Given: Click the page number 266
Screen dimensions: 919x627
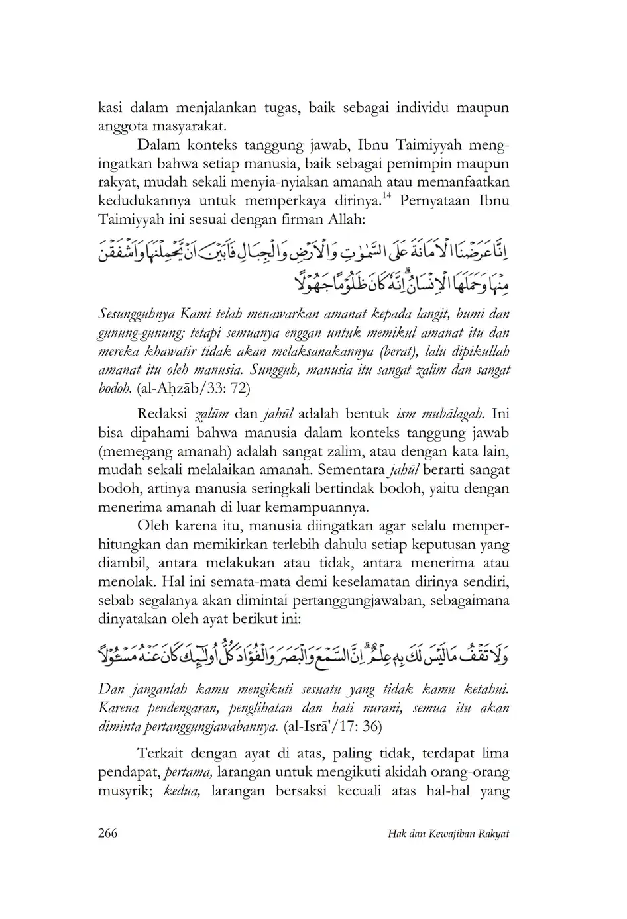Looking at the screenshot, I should (107, 833).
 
